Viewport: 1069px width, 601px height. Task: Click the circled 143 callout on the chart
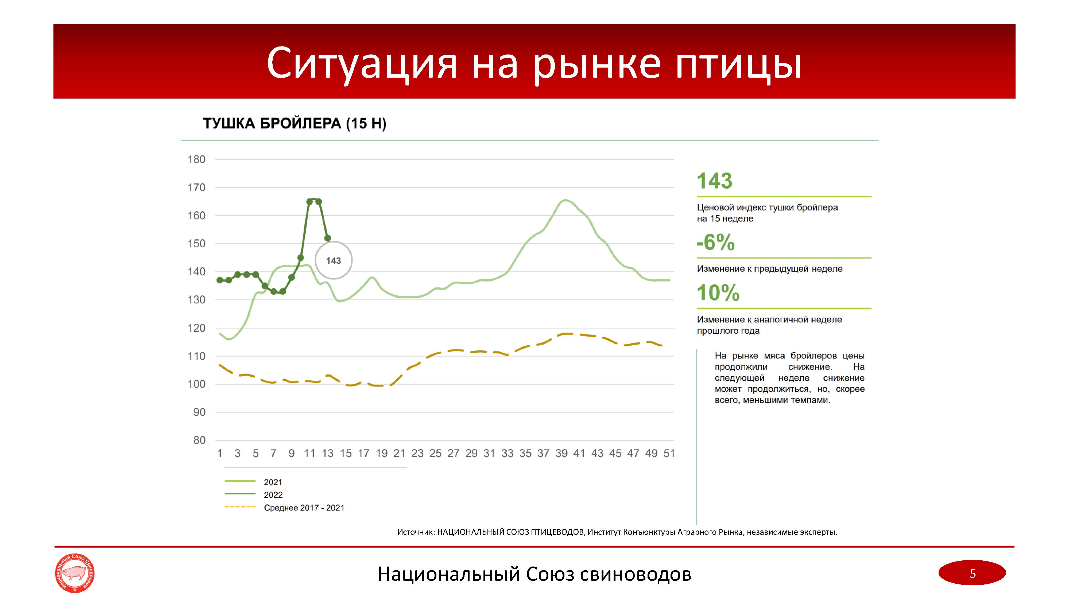tap(333, 260)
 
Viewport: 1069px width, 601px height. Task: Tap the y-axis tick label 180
tap(196, 160)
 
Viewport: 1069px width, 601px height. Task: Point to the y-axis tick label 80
tap(199, 440)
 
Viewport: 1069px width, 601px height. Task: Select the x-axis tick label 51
tap(669, 453)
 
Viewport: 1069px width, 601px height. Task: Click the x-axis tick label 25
tap(435, 453)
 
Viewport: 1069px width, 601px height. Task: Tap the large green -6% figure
tap(715, 243)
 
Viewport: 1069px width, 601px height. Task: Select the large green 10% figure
tap(718, 293)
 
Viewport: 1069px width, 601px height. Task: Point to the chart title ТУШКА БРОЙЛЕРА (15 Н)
tap(295, 124)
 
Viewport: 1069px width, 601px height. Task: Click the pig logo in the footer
tap(75, 573)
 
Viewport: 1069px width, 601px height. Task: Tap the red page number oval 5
tap(972, 573)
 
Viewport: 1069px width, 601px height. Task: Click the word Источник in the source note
tap(415, 532)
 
